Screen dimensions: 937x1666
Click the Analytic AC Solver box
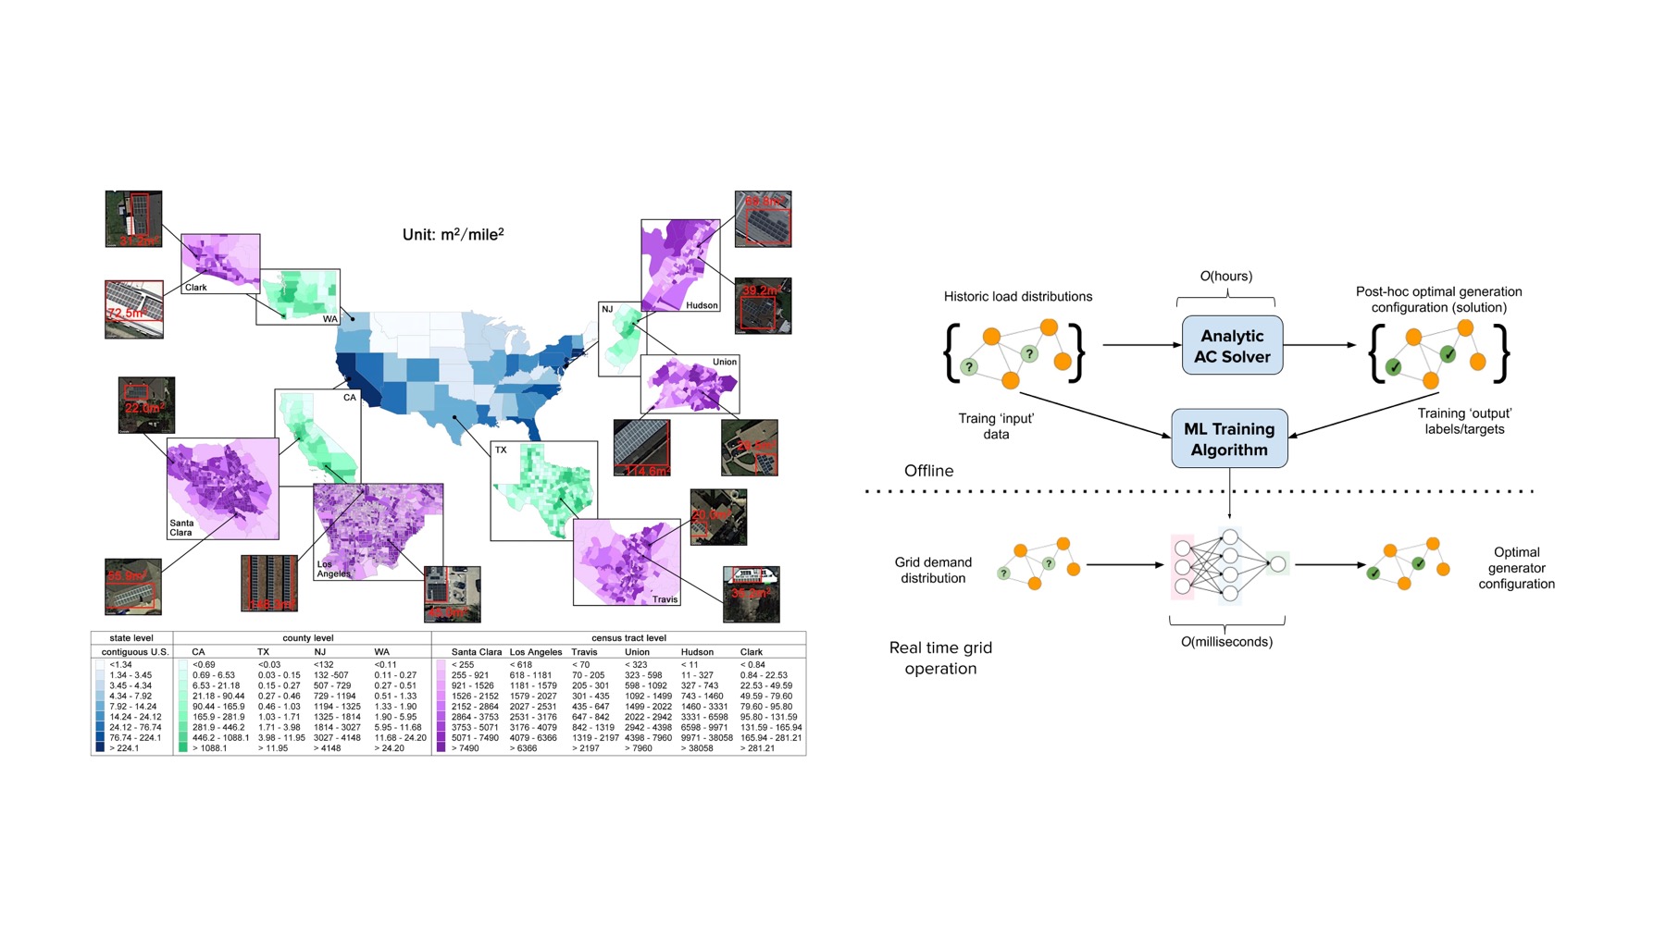(x=1232, y=346)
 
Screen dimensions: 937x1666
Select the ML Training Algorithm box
(x=1229, y=439)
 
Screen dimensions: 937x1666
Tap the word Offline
(x=928, y=471)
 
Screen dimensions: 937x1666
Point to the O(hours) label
(x=1225, y=276)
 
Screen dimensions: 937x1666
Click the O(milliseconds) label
(x=1226, y=642)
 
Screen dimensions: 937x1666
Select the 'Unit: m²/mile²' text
(x=453, y=235)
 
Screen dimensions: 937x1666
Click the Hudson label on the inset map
(x=702, y=305)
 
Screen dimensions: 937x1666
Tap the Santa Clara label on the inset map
(x=181, y=527)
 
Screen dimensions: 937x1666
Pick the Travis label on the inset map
(x=665, y=599)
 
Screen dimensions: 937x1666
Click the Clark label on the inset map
(x=196, y=288)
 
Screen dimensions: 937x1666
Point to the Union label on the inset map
(x=725, y=362)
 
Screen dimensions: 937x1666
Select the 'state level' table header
(x=131, y=638)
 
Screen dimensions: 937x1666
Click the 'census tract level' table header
(x=628, y=638)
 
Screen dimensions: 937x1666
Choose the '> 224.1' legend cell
(x=124, y=748)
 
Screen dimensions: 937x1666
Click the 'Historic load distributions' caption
(x=1017, y=296)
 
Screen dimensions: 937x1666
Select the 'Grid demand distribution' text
(x=933, y=570)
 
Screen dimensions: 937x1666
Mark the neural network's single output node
(x=1277, y=563)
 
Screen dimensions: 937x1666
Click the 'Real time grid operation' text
(x=940, y=658)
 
